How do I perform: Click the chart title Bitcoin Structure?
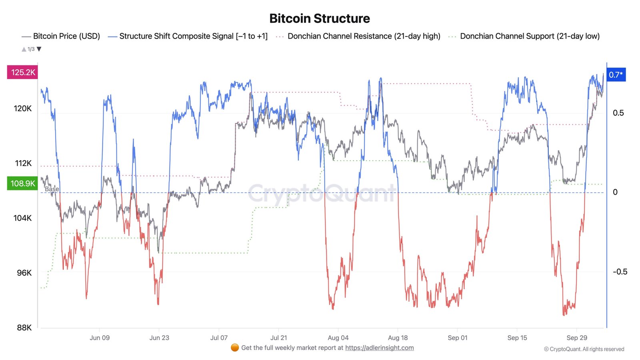coord(319,18)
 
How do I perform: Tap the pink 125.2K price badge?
coord(23,72)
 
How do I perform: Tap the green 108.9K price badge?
coord(23,184)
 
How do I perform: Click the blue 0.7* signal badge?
coord(616,75)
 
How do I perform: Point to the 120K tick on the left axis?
coord(22,108)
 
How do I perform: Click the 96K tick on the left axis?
coord(24,273)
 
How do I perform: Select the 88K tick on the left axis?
coord(24,328)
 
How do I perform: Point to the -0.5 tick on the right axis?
coord(620,272)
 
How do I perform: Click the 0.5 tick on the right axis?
coord(618,113)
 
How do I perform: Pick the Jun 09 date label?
coord(100,338)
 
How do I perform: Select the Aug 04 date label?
coord(338,338)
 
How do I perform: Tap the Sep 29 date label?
coord(577,338)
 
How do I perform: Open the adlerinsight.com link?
coord(379,348)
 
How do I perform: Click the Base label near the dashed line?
coord(52,189)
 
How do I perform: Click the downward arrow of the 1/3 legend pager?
coord(39,49)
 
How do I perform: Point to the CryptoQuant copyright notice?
coord(584,349)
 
